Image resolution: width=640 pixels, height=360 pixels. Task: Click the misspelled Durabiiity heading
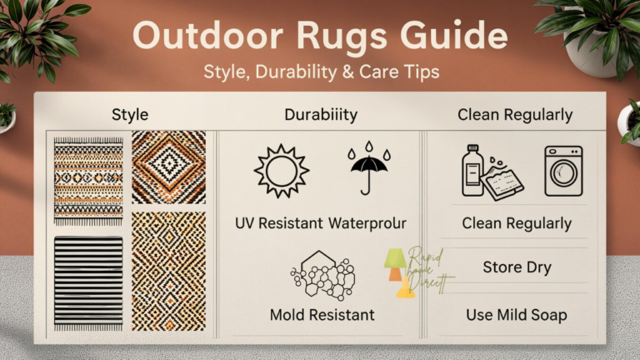coord(322,114)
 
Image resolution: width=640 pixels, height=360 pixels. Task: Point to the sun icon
coord(281,170)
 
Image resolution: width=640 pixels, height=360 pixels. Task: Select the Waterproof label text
coord(367,222)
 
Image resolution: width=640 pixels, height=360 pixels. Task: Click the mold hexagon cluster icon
coord(323,272)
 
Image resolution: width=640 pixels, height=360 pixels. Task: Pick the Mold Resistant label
coord(322,315)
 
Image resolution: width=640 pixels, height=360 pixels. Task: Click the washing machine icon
coord(563,170)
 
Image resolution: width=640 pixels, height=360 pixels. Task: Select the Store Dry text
coord(517,268)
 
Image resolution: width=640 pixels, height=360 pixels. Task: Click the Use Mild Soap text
coord(517,315)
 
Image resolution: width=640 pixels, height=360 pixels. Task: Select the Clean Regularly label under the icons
coord(517,223)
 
